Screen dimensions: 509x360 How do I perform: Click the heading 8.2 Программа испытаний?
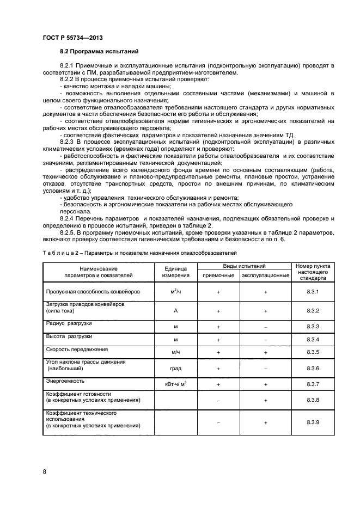coord(99,52)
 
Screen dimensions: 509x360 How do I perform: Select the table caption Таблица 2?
coord(58,253)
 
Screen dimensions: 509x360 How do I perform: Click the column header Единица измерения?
coord(175,272)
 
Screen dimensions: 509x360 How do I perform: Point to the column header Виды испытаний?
coord(245,266)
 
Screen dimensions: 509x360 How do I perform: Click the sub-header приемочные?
coord(218,276)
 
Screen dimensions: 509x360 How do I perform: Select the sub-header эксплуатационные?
coord(265,276)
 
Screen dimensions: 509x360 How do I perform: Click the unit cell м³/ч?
coord(175,292)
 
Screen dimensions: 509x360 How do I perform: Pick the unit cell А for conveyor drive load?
coord(175,310)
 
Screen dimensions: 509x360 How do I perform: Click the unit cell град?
coord(175,369)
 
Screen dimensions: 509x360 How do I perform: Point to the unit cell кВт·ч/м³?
coord(175,384)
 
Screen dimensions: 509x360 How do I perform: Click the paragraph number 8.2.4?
coord(68,218)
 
